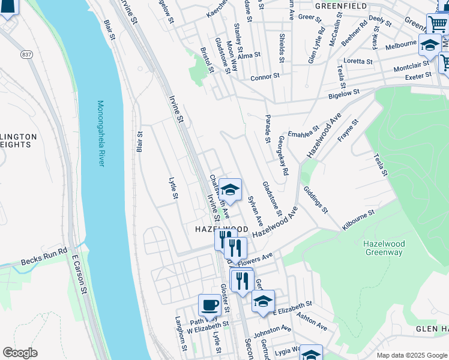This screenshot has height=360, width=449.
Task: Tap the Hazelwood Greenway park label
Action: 384,248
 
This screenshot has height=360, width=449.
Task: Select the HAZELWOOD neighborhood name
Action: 221,230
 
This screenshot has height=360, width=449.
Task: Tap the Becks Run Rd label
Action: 44,257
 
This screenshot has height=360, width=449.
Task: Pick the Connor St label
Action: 265,77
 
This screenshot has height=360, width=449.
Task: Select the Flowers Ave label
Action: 255,259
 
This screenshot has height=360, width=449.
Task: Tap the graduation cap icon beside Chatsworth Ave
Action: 229,190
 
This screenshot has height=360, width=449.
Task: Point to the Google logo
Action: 20,353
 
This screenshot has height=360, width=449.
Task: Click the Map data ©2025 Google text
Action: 411,355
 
